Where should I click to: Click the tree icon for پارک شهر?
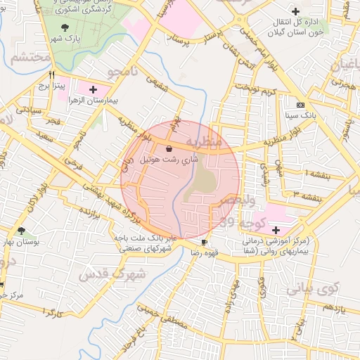(x=65, y=27)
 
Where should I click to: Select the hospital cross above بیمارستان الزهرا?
(x=93, y=89)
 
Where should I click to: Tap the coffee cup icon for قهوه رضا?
(x=205, y=242)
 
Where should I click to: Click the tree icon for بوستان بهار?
(x=22, y=231)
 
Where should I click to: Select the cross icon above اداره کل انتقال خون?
(x=296, y=11)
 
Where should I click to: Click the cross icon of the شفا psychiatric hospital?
(x=276, y=230)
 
